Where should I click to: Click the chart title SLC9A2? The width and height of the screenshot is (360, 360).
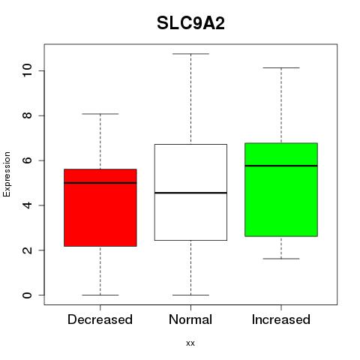(190, 23)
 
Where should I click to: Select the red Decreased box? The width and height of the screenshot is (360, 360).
(100, 208)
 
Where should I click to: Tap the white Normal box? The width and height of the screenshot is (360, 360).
(190, 192)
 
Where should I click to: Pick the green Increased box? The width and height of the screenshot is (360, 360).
(281, 190)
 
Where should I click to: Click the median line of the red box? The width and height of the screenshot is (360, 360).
(100, 183)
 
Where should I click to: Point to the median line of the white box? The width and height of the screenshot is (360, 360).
(190, 193)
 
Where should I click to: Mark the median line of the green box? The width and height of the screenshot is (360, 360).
(281, 166)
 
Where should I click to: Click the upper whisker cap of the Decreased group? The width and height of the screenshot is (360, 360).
(100, 114)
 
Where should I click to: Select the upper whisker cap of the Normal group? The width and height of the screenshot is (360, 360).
(190, 54)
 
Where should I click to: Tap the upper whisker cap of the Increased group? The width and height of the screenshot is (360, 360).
(281, 67)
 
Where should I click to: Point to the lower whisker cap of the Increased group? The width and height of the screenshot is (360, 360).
(281, 259)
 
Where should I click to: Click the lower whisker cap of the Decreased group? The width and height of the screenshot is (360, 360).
(100, 295)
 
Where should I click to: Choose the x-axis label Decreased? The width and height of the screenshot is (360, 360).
(100, 319)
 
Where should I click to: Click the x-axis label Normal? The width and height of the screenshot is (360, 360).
(190, 319)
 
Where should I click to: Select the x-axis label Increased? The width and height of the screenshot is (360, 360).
(281, 319)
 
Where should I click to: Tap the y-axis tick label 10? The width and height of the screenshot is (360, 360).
(27, 70)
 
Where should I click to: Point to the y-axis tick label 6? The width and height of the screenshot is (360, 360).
(27, 160)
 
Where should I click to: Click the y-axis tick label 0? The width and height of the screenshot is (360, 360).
(27, 295)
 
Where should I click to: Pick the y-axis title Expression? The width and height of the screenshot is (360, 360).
(7, 174)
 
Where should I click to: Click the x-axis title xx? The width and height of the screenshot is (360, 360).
(190, 343)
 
